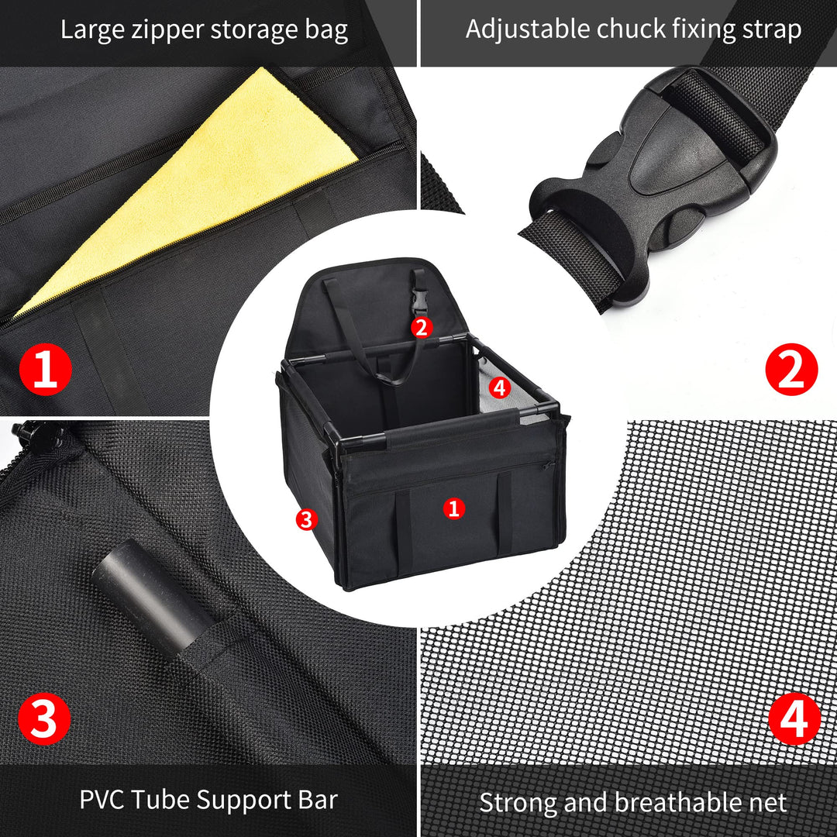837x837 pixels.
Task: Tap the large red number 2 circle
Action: click(x=791, y=370)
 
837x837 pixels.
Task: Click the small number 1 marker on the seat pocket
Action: click(x=453, y=508)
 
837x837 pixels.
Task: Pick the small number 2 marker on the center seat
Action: click(x=421, y=327)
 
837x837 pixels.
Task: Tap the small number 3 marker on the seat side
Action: click(x=307, y=519)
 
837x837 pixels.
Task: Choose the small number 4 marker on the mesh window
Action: click(x=500, y=387)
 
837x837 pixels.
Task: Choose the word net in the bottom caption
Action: click(x=766, y=802)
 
